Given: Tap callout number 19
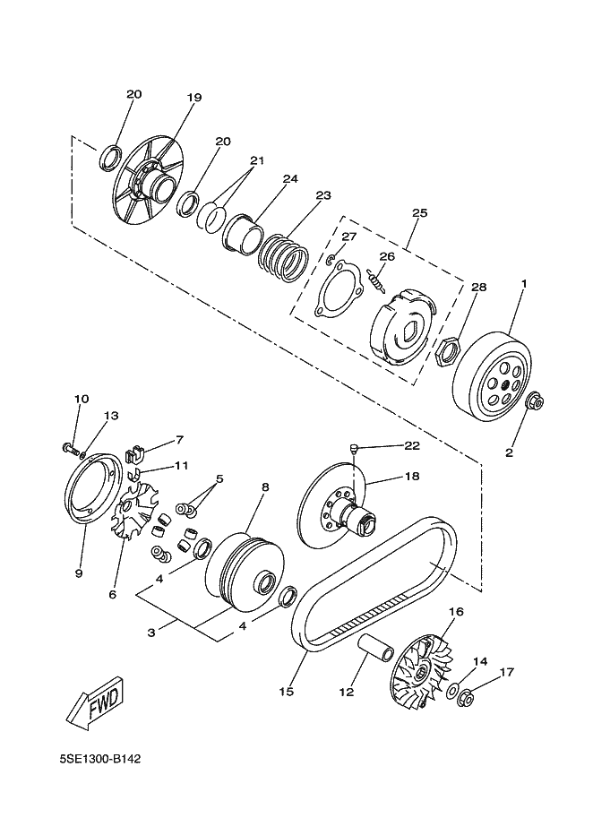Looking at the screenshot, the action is (x=194, y=98).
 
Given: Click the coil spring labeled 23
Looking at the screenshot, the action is (x=284, y=256).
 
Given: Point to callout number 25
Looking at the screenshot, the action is (x=419, y=213).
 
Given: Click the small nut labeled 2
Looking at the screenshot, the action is (x=534, y=416).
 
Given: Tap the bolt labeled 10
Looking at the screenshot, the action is (x=70, y=448).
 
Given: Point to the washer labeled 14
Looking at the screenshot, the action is (x=451, y=692).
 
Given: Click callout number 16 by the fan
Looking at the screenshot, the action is (x=456, y=611).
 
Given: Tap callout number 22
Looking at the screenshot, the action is (x=412, y=445).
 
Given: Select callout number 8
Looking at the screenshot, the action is (x=265, y=486).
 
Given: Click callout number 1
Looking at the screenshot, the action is (x=524, y=284).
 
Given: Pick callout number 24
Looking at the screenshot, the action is (x=290, y=179).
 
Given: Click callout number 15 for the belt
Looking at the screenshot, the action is (x=287, y=692).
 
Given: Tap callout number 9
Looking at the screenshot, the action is (x=79, y=573).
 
